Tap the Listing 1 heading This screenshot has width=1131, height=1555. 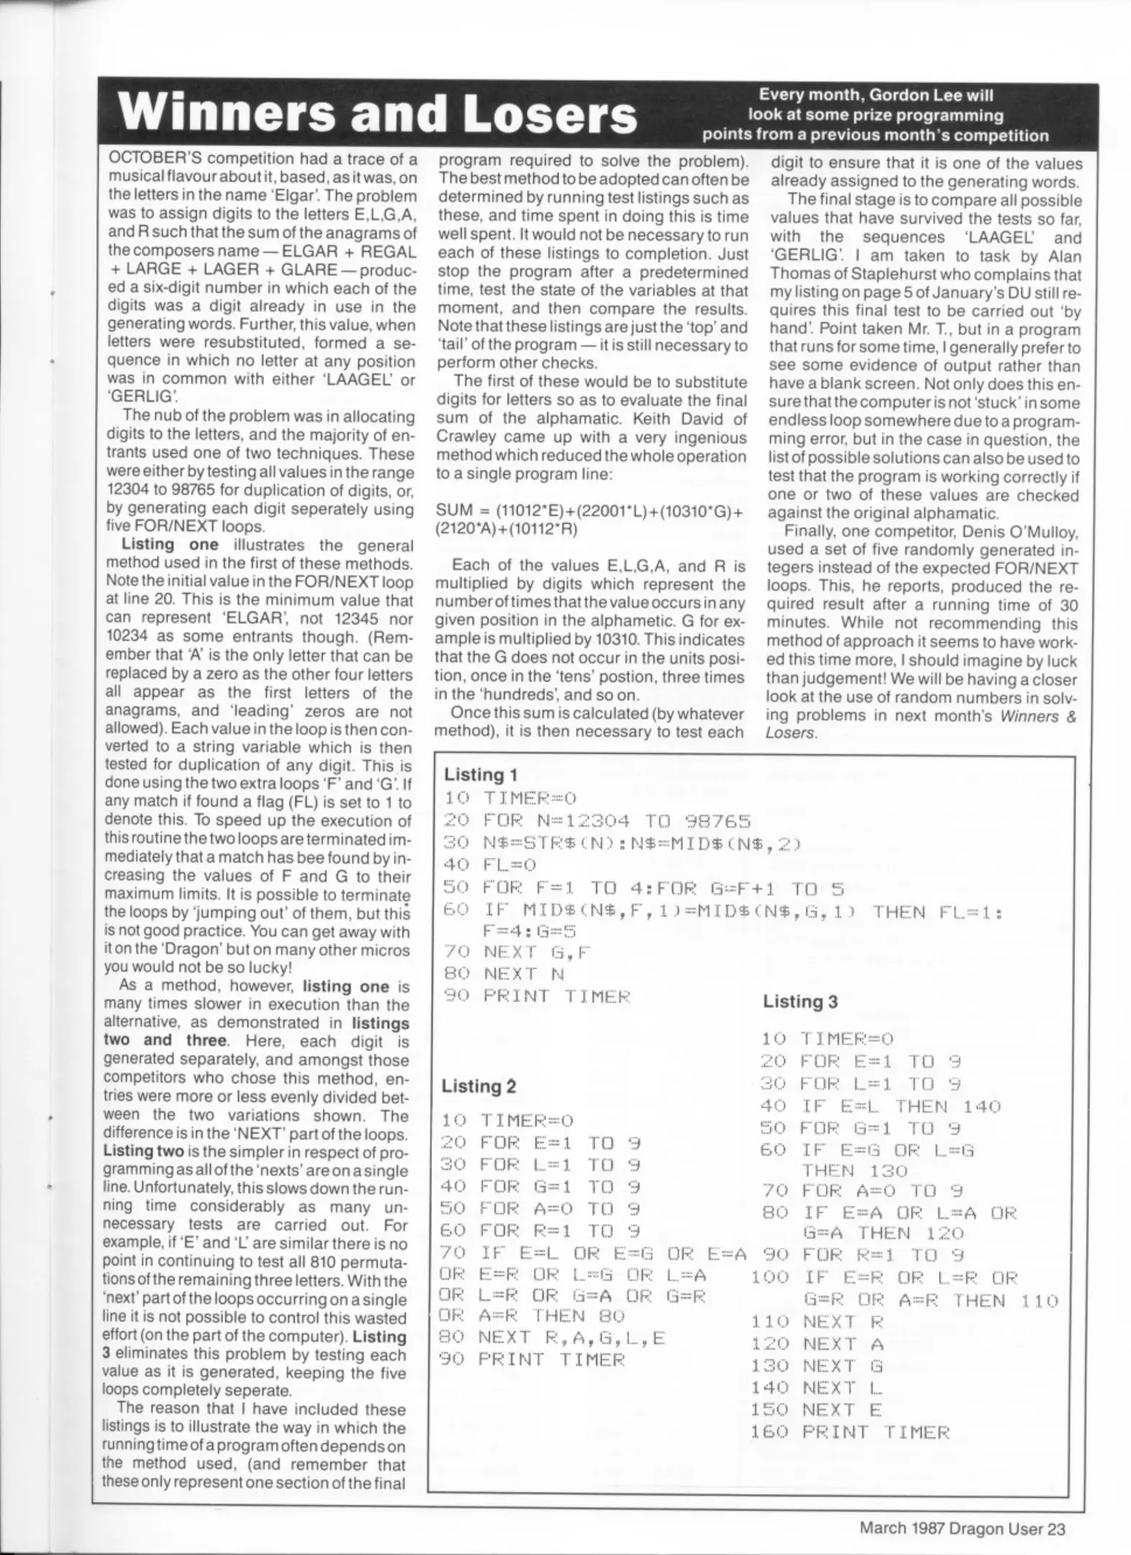coord(480,775)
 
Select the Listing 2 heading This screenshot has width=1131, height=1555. coord(479,1086)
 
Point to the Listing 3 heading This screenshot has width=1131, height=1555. coord(801,1001)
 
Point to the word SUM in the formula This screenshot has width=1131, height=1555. coord(455,510)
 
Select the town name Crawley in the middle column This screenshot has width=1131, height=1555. coord(468,437)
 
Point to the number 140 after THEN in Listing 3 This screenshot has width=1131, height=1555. coord(982,1106)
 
